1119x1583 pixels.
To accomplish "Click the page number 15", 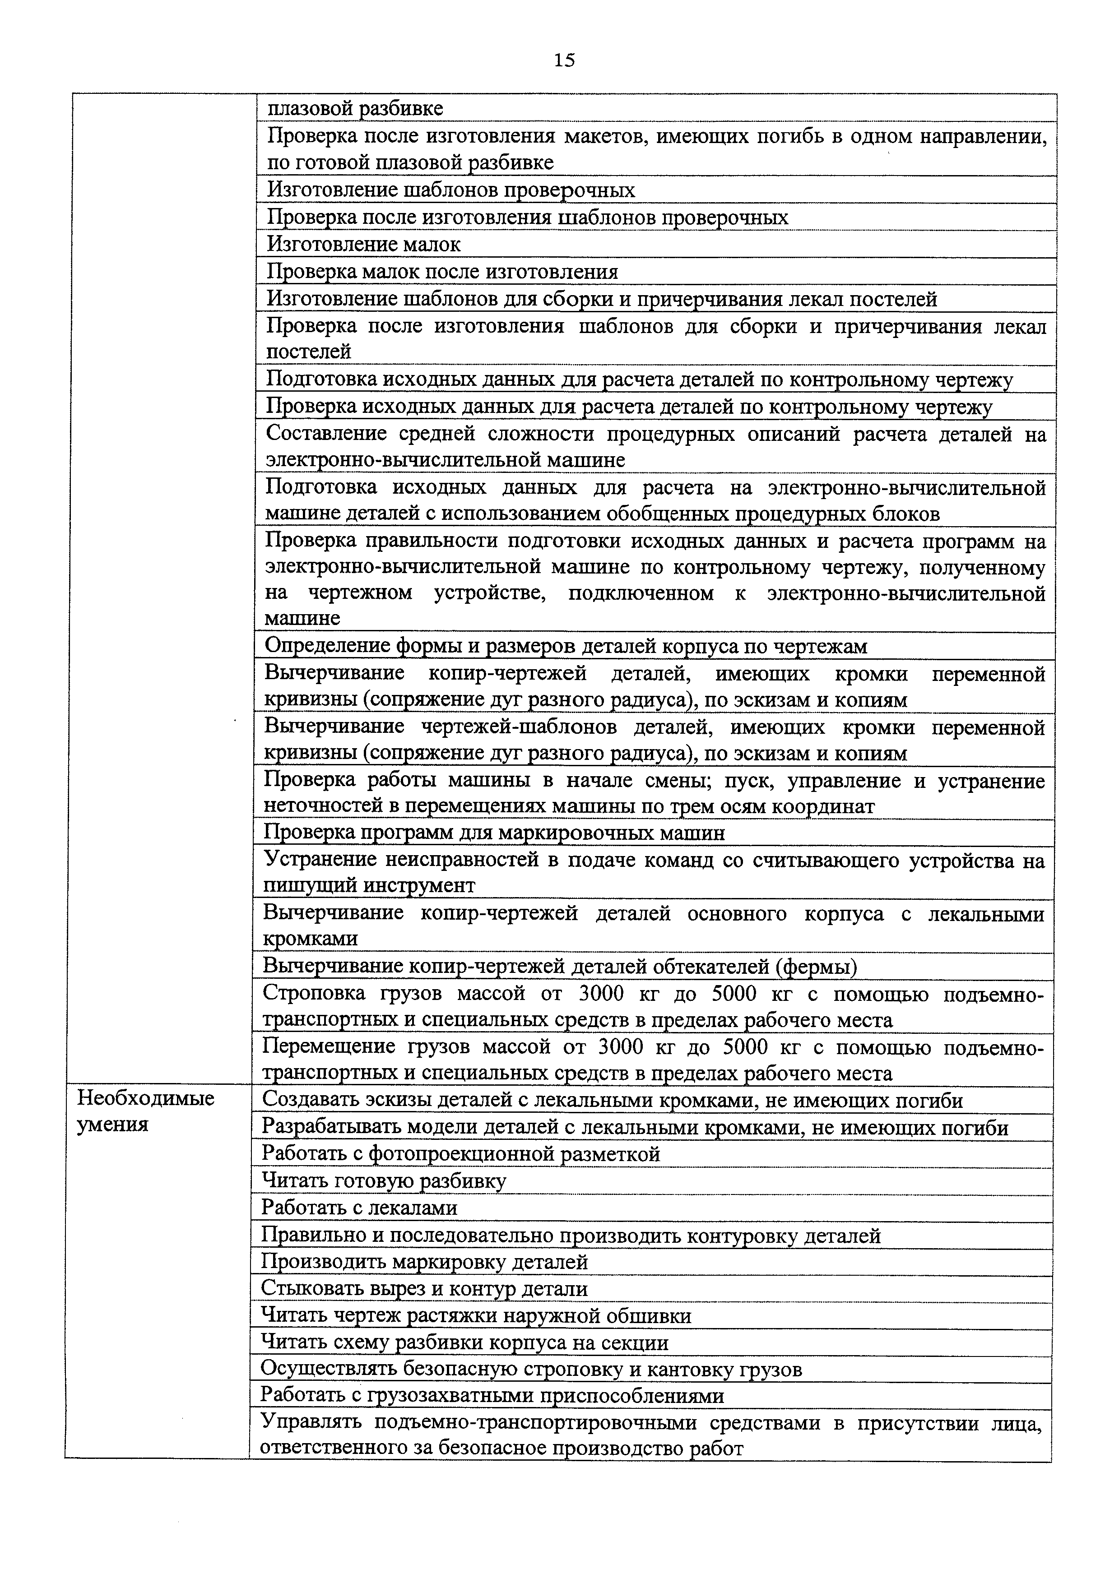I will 563,60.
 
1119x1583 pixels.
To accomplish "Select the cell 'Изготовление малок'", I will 364,245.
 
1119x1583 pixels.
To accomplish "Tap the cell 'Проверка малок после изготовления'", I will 442,272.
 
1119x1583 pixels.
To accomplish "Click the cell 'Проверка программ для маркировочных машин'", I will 494,833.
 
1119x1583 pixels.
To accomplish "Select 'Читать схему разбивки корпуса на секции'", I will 464,1343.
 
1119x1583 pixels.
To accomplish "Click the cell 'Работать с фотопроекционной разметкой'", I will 460,1154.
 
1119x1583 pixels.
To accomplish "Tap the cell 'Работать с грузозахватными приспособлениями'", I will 492,1396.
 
